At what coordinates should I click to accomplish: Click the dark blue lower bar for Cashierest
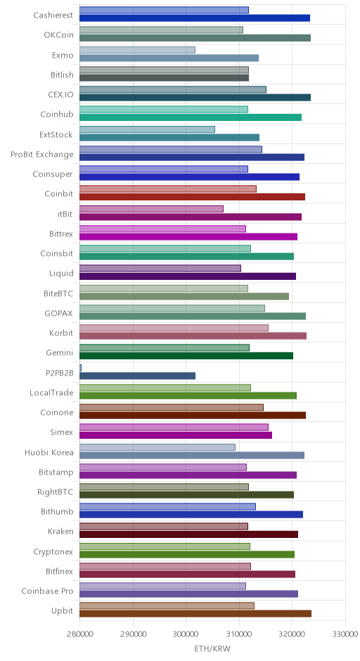point(195,18)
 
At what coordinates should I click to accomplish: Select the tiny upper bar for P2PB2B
point(81,368)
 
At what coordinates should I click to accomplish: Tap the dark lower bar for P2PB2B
point(137,376)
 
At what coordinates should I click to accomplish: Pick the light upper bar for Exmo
point(137,50)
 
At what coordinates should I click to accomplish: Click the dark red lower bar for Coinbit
point(192,197)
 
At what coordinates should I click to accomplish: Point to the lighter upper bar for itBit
point(151,209)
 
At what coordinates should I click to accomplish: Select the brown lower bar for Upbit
point(195,614)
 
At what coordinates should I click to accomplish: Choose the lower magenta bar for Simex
point(176,435)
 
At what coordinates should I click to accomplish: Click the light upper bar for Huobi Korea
point(157,447)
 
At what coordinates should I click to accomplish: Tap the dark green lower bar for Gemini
point(186,356)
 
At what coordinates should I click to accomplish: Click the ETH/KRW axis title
point(212,648)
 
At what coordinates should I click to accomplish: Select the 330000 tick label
point(346,634)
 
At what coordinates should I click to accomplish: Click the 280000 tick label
point(79,634)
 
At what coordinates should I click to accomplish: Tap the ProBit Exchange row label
point(41,154)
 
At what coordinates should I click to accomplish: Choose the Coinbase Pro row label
point(47,591)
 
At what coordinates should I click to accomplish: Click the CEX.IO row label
point(60,94)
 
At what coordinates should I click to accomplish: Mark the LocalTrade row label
point(51,392)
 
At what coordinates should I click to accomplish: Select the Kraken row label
point(60,531)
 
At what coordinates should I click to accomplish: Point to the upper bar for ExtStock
point(147,129)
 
